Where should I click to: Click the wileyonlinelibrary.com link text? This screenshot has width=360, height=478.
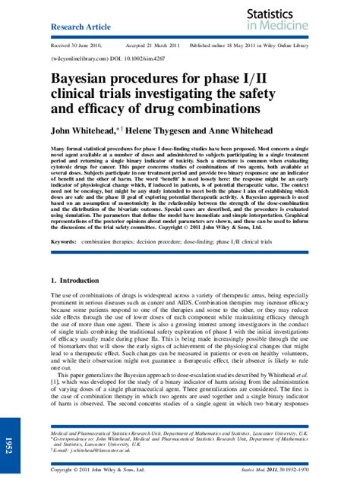tap(79, 56)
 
